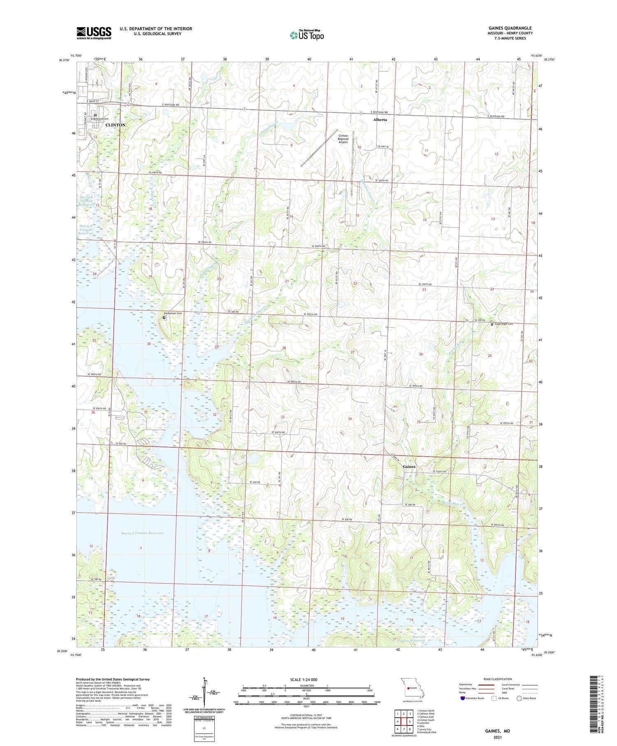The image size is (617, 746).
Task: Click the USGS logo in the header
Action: point(94,33)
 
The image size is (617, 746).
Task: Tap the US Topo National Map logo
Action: point(307,35)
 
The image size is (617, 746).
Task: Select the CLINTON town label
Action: point(115,125)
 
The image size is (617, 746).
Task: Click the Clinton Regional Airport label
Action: point(343,139)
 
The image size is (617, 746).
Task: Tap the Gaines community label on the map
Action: point(409,467)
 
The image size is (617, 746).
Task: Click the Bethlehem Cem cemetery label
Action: point(175,313)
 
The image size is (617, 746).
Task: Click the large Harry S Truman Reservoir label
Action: point(142,533)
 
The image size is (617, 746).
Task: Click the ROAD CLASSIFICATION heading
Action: point(498,679)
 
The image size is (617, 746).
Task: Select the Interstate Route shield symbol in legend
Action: point(463,698)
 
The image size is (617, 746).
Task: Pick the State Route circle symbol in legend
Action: point(520,698)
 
